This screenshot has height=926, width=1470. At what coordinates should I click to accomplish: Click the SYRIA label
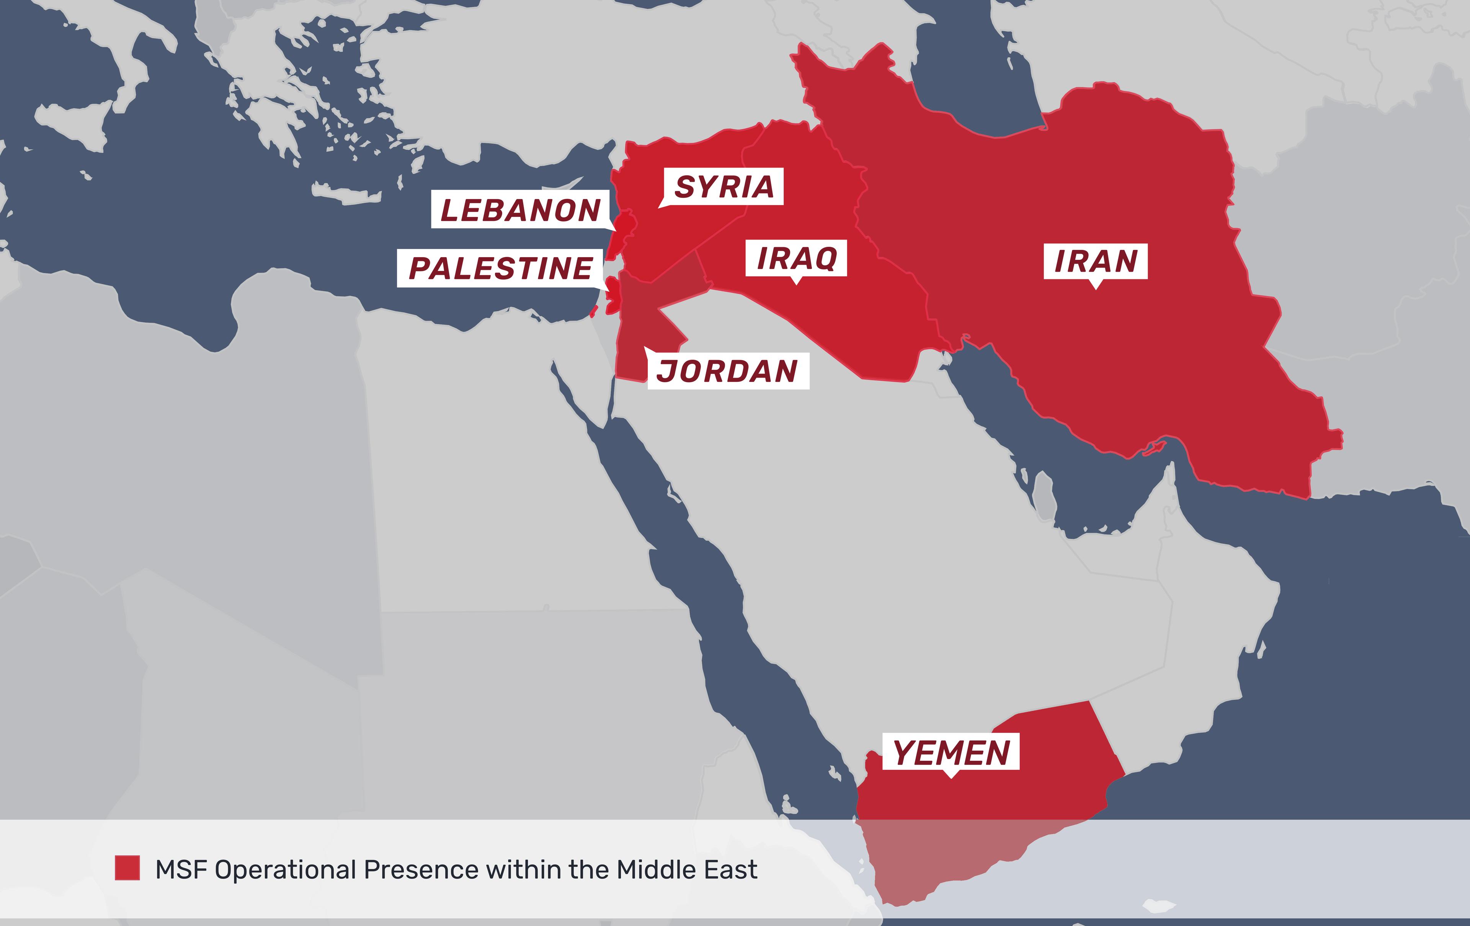click(x=724, y=187)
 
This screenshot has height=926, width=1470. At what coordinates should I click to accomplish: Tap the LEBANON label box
click(x=520, y=210)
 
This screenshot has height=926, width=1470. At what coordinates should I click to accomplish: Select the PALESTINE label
click(x=500, y=268)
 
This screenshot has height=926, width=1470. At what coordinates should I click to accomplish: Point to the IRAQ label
click(x=796, y=258)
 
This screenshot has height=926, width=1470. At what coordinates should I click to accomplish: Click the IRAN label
click(x=1095, y=261)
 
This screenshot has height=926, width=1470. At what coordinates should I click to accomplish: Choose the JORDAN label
click(x=728, y=371)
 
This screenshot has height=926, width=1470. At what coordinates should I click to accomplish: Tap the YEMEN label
click(x=951, y=752)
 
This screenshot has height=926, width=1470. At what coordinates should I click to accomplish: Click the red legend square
click(x=127, y=868)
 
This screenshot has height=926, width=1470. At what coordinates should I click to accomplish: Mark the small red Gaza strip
click(x=592, y=312)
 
